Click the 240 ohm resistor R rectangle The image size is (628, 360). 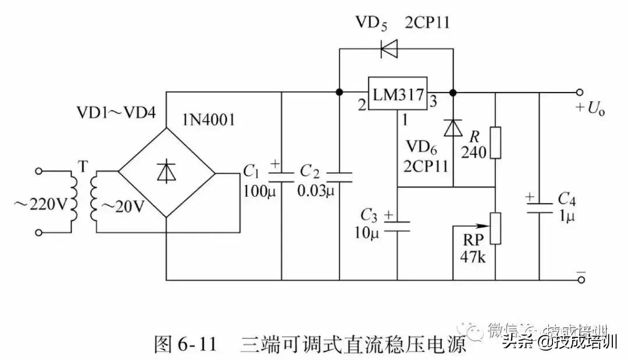tap(495, 142)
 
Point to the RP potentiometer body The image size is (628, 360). tap(495, 228)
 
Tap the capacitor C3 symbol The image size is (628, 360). tap(397, 224)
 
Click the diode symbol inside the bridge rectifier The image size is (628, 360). tap(167, 172)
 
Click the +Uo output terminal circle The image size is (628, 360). tap(579, 92)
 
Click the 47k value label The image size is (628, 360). tap(473, 256)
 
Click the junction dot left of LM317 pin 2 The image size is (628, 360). tap(339, 92)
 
